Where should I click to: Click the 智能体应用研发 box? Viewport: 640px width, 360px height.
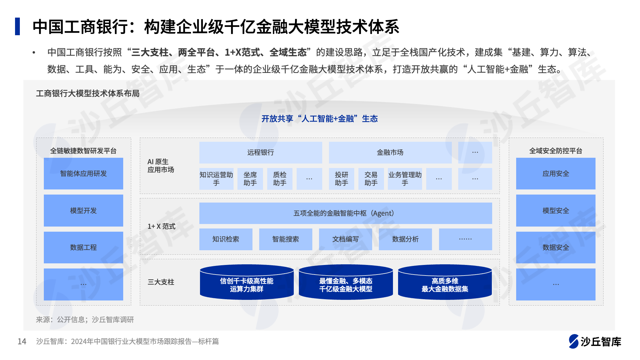pos(83,173)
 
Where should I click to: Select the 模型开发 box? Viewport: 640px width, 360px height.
pos(83,211)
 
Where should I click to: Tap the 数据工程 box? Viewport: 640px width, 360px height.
pos(83,247)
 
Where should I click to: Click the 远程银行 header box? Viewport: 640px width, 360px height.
pos(260,153)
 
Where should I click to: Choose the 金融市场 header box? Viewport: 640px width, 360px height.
pos(390,153)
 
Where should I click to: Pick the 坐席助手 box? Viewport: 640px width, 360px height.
pos(250,179)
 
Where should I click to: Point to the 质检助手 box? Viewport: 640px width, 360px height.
pos(280,179)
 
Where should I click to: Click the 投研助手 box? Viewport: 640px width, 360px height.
pos(341,179)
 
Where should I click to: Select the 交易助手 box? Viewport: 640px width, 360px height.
pos(371,179)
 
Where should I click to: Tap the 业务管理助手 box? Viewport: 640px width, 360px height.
pos(405,179)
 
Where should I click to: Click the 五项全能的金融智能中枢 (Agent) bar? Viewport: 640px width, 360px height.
pos(346,213)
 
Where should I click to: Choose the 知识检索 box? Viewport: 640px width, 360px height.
pos(226,239)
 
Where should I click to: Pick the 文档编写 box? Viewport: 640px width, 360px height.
pos(345,239)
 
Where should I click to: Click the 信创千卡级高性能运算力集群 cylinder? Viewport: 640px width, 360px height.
pos(247,282)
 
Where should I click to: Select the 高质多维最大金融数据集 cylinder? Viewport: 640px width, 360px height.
pos(445,282)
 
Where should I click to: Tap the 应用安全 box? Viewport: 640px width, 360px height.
pos(556,173)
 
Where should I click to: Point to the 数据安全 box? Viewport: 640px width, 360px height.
pos(556,247)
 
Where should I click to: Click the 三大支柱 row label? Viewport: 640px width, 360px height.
pos(161,282)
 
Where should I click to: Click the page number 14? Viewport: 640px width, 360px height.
pos(22,341)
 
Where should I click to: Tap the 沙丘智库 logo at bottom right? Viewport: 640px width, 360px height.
pos(595,341)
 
